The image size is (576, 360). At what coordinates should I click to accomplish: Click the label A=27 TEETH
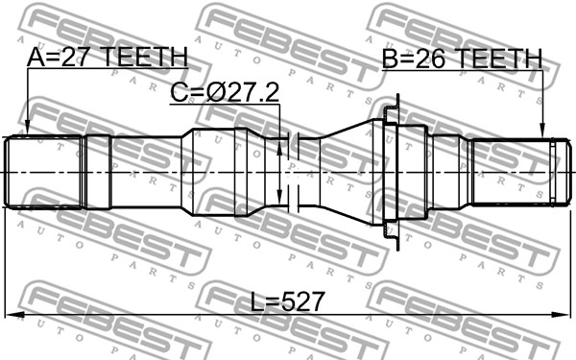(108, 58)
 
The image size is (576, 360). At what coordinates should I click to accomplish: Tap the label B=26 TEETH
(462, 59)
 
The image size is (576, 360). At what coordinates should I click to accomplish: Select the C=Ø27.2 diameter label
(225, 92)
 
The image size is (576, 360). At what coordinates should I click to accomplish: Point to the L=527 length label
(288, 301)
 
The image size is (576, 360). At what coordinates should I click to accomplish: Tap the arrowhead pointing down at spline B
(541, 132)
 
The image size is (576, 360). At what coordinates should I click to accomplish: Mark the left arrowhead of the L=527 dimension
(13, 315)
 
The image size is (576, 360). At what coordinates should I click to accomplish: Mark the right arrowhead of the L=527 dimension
(561, 315)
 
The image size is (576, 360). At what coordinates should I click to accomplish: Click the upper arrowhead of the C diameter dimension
(279, 146)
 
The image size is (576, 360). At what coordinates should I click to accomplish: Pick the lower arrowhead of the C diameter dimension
(279, 197)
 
